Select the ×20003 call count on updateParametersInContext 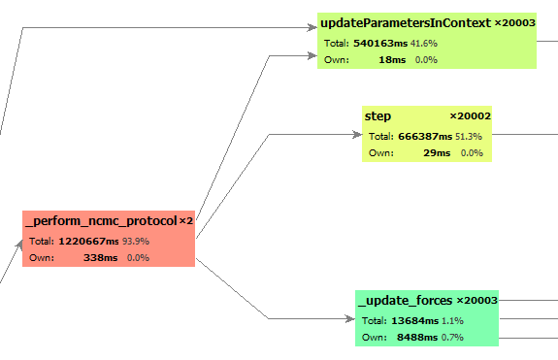514,22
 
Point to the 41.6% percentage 423,44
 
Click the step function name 377,116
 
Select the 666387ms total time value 425,137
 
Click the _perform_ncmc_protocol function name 101,221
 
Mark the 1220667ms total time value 87,242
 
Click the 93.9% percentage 136,242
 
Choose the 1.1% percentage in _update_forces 451,321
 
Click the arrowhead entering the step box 356,134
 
